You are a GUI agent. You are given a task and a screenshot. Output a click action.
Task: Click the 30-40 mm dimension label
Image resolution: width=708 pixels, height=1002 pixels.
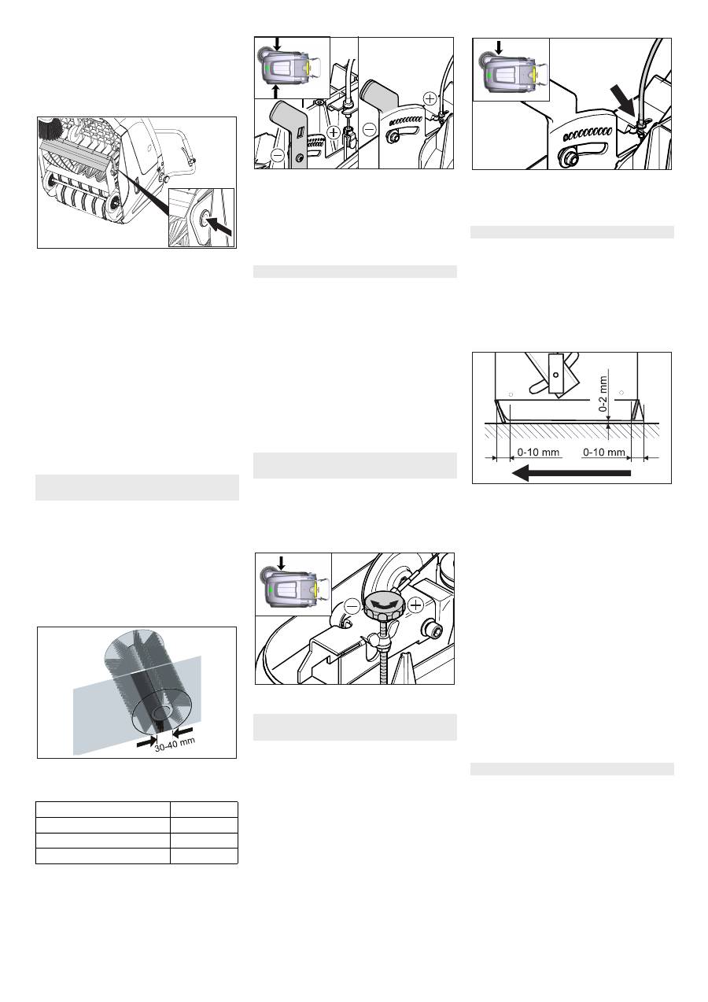[x=175, y=744]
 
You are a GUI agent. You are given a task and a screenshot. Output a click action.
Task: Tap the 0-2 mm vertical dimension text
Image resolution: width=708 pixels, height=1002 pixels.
[x=603, y=394]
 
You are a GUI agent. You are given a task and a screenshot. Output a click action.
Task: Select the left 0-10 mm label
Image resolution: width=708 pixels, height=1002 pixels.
[x=538, y=453]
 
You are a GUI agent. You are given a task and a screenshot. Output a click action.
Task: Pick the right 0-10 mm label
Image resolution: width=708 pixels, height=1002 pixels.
[x=604, y=453]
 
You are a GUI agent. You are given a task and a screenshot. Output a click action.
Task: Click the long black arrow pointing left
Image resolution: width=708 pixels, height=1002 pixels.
[x=571, y=472]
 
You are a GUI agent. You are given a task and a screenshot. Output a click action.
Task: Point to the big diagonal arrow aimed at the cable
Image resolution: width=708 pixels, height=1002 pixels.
[x=624, y=98]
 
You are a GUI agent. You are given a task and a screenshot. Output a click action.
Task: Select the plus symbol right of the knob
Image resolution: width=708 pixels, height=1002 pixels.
[x=415, y=605]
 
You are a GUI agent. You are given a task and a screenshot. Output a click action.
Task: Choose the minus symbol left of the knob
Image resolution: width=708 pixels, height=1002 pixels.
[x=352, y=607]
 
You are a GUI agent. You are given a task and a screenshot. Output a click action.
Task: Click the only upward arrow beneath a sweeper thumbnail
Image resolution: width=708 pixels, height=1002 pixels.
[x=276, y=91]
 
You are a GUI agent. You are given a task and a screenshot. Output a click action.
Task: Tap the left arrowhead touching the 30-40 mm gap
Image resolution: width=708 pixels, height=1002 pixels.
[x=148, y=742]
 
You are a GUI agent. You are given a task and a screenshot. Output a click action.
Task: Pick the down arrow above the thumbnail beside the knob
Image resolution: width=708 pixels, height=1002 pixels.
[x=281, y=563]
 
